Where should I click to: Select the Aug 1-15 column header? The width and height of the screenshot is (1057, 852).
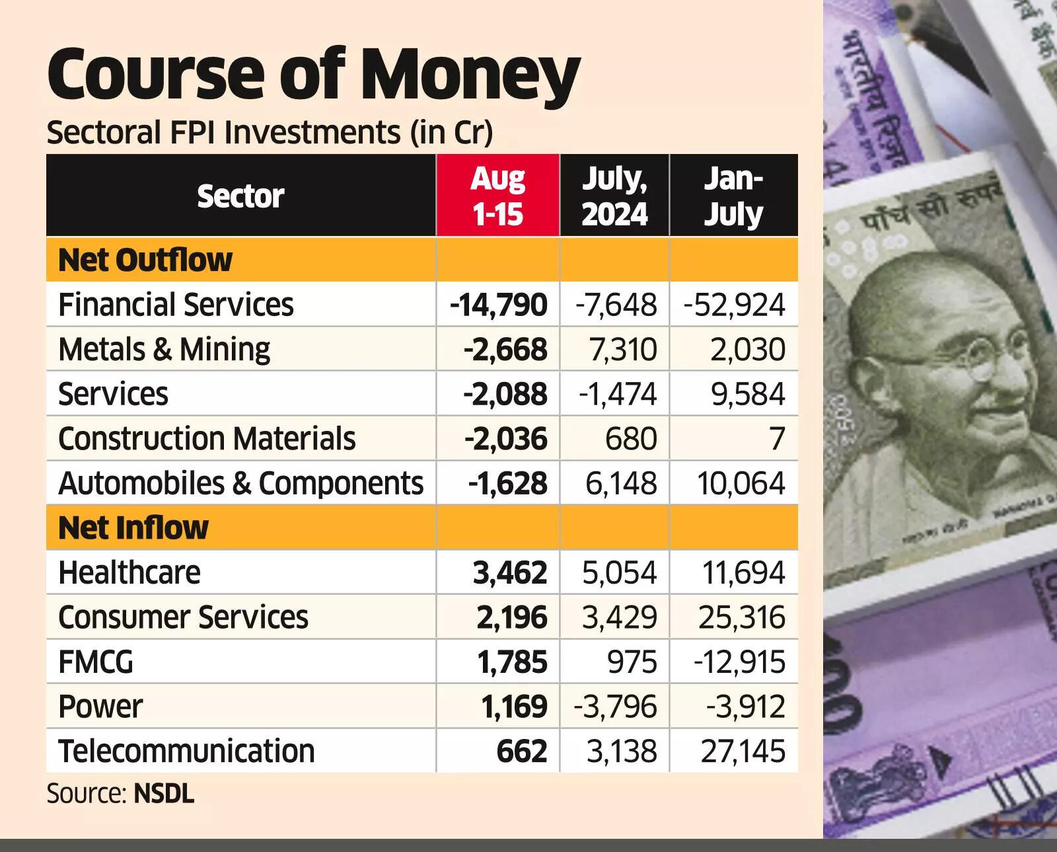pyautogui.click(x=497, y=196)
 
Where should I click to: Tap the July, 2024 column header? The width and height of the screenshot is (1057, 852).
pyautogui.click(x=614, y=196)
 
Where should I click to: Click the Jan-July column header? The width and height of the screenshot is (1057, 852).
pyautogui.click(x=733, y=196)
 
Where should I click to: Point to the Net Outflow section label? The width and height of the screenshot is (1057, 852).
pyautogui.click(x=145, y=260)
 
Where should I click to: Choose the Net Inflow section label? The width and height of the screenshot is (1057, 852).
pyautogui.click(x=133, y=527)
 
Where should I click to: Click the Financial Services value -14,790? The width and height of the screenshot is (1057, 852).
pyautogui.click(x=498, y=305)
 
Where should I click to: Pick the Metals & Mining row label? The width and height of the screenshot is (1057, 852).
pyautogui.click(x=164, y=349)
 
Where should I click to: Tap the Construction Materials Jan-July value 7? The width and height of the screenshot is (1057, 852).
pyautogui.click(x=777, y=439)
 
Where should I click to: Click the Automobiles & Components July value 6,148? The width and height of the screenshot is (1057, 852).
pyautogui.click(x=621, y=483)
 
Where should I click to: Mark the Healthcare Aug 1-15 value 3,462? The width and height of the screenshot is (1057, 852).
pyautogui.click(x=509, y=572)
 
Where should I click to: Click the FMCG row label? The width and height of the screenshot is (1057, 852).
pyautogui.click(x=96, y=662)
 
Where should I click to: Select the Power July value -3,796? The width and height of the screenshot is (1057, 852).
pyautogui.click(x=615, y=707)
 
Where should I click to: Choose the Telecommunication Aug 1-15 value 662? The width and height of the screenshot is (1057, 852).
pyautogui.click(x=522, y=752)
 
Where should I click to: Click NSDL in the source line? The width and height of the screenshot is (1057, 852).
pyautogui.click(x=164, y=794)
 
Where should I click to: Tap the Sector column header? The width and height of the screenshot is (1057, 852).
pyautogui.click(x=240, y=196)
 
